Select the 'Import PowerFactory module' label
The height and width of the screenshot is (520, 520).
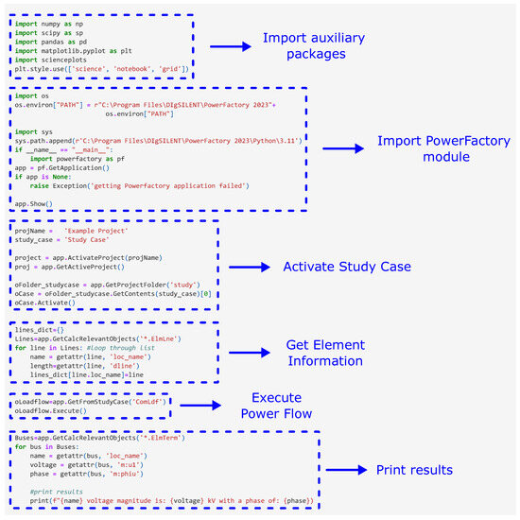[x=443, y=149]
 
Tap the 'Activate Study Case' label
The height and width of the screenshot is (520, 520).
[x=347, y=267]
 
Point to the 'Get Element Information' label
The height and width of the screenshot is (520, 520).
[x=338, y=352]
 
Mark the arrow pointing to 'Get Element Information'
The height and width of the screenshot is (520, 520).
[x=252, y=352]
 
